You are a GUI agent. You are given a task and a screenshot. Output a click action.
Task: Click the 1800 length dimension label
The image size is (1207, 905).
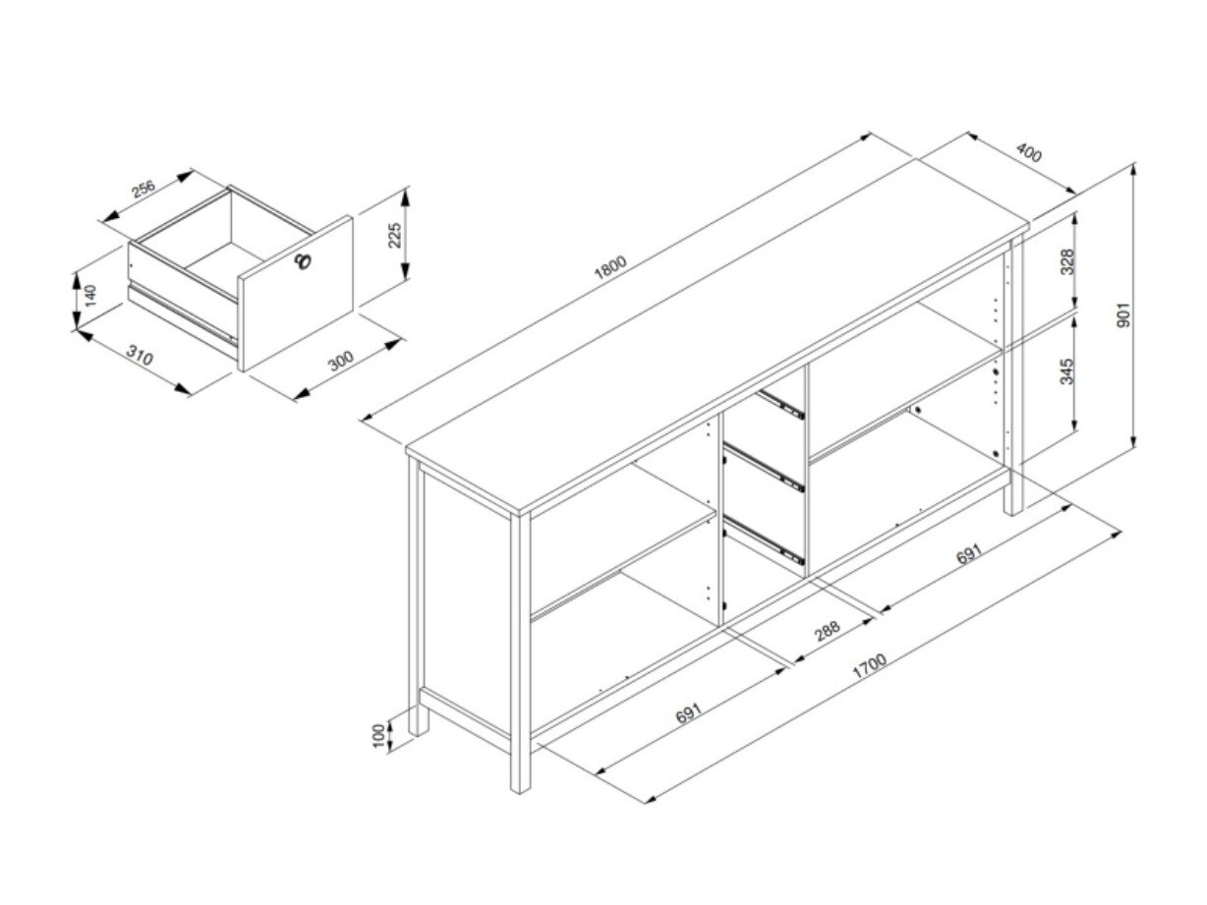click(610, 267)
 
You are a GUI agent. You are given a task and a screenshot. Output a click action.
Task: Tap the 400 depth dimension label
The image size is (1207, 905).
click(1028, 152)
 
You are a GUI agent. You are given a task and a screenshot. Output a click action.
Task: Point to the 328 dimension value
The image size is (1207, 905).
click(1066, 262)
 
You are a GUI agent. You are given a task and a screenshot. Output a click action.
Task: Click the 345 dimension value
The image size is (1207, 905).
click(1066, 372)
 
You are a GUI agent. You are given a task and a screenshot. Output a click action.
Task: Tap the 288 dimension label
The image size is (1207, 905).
click(827, 631)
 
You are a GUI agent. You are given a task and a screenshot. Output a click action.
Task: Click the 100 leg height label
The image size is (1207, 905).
click(377, 736)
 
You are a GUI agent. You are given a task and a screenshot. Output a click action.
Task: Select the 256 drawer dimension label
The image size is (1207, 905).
click(144, 189)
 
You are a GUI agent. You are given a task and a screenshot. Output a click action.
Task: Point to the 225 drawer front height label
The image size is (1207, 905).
click(395, 235)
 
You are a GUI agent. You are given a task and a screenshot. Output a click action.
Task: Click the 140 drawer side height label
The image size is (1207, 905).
click(90, 295)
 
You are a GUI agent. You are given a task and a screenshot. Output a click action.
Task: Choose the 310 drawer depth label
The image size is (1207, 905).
click(140, 356)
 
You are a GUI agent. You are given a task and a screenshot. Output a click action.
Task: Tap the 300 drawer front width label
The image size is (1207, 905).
click(341, 361)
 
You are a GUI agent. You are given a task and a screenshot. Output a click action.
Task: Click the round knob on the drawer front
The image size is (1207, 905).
click(303, 261)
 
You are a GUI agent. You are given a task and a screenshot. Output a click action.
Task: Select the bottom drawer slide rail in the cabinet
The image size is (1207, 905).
click(764, 539)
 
